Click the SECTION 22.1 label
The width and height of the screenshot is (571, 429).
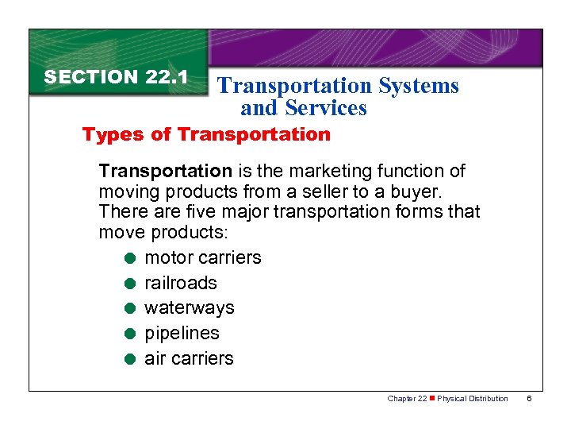[116, 77]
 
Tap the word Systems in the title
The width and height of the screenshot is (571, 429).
[419, 86]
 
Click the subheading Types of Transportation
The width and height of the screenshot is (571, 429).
[206, 134]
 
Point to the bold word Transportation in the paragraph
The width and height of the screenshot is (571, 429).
[165, 171]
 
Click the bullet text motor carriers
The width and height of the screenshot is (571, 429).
[202, 257]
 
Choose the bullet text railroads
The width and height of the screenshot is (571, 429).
[180, 283]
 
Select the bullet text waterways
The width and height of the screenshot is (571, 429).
[189, 307]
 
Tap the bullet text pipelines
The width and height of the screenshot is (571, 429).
[182, 333]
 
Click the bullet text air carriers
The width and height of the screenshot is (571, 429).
[189, 358]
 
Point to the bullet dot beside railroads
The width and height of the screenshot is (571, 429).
[128, 284]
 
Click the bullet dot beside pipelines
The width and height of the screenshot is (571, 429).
[128, 334]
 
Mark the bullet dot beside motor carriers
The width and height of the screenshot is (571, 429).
[128, 258]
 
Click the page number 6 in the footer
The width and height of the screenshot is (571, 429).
[529, 399]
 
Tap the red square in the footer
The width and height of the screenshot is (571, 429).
[432, 399]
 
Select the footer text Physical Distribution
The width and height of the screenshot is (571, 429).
[473, 399]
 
